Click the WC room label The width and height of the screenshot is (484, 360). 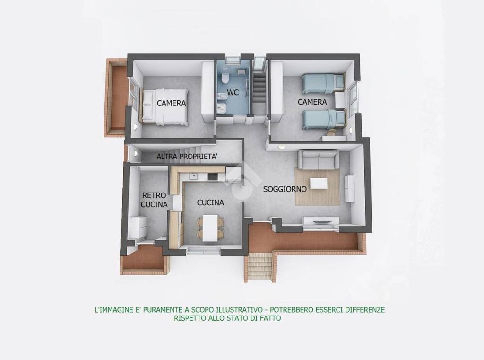pyautogui.click(x=232, y=93)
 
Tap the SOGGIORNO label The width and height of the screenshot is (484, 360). pyautogui.click(x=285, y=189)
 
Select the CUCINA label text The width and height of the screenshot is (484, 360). pyautogui.click(x=210, y=202)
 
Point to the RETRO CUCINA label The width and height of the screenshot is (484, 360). pyautogui.click(x=155, y=200)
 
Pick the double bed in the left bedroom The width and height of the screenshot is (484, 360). pyautogui.click(x=164, y=107)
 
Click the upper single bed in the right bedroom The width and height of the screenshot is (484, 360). pyautogui.click(x=321, y=83)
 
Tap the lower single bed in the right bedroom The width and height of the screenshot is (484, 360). pyautogui.click(x=321, y=118)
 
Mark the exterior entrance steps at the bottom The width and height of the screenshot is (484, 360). pyautogui.click(x=259, y=267)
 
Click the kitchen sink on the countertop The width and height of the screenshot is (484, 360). pyautogui.click(x=193, y=176)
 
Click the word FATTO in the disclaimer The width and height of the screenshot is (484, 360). pyautogui.click(x=269, y=318)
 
